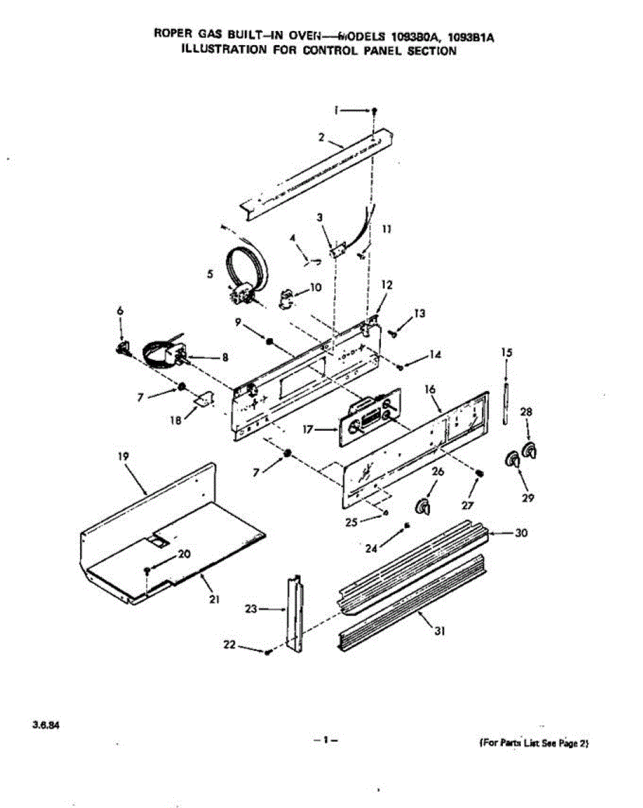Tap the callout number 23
(x=251, y=608)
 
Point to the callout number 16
(x=429, y=390)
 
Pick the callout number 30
(x=520, y=533)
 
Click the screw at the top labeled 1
(x=375, y=110)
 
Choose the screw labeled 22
(x=269, y=652)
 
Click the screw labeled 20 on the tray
(x=146, y=571)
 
